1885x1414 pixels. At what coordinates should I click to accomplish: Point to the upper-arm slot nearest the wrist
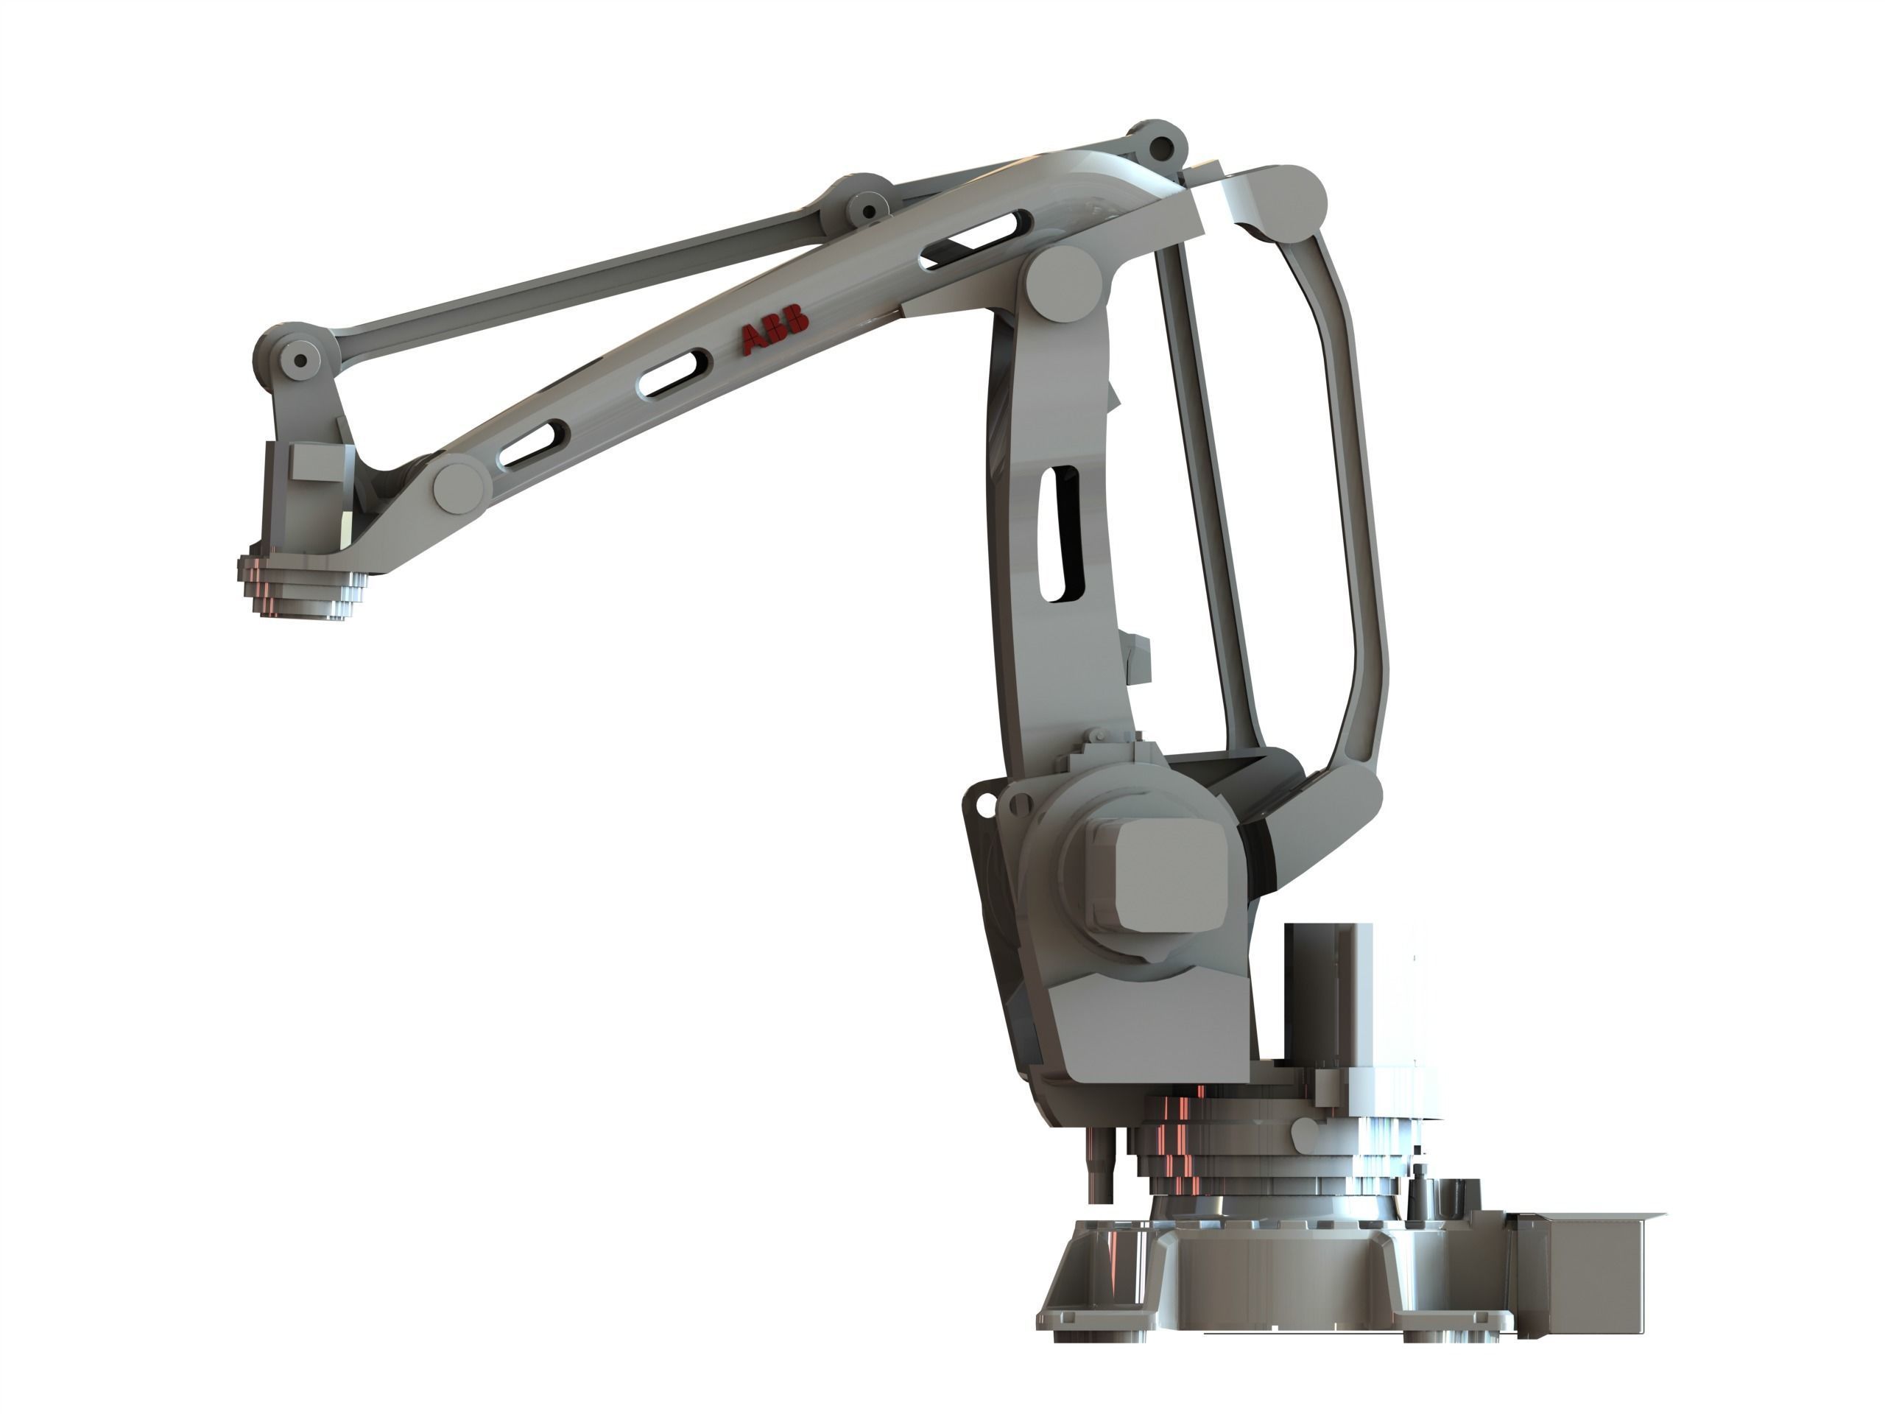pos(532,443)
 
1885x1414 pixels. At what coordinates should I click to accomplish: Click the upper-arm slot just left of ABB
pos(674,373)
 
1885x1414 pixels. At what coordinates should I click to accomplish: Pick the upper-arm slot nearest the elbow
pos(976,240)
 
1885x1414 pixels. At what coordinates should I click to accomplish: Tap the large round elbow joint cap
pos(1063,284)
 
